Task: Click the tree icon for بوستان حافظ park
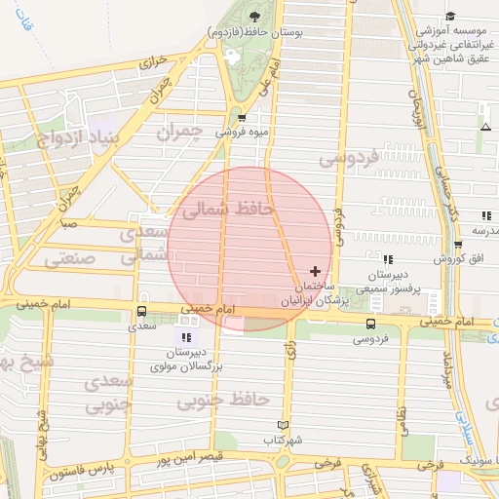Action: [x=255, y=16]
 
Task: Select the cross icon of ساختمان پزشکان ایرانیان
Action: [x=314, y=270]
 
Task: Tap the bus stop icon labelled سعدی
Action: [x=142, y=313]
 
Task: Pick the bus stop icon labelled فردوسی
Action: [x=370, y=323]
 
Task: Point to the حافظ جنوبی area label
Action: [x=231, y=399]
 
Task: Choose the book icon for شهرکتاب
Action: [x=284, y=425]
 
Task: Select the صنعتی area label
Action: [x=76, y=259]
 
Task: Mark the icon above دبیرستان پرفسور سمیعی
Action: [x=388, y=259]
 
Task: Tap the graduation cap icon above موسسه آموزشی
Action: [x=450, y=16]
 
